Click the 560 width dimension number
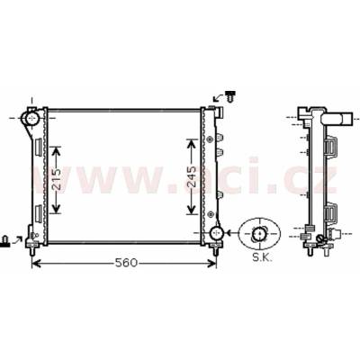click(x=126, y=263)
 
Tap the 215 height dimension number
click(x=55, y=179)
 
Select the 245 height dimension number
click(x=192, y=177)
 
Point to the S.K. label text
click(x=263, y=258)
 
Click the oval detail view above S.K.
click(x=260, y=234)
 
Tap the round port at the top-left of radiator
click(x=31, y=118)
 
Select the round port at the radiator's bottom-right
click(x=216, y=233)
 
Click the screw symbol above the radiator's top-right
click(x=230, y=95)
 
